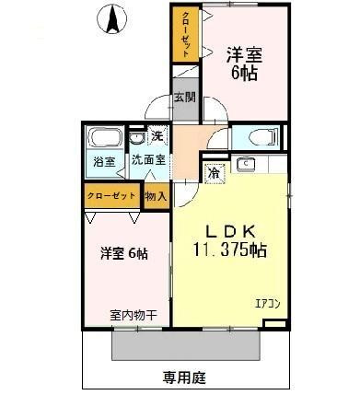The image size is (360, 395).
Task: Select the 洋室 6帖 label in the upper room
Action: [243, 63]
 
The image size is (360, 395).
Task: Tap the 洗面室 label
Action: [147, 160]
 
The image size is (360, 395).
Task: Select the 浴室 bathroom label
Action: [103, 162]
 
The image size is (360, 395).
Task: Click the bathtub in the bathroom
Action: [103, 139]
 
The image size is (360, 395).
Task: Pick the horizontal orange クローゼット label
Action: [110, 196]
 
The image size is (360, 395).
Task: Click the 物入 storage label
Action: [156, 195]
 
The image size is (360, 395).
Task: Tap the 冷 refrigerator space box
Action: [213, 171]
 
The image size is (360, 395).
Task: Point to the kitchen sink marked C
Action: [247, 165]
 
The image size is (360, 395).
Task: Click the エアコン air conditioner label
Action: [266, 302]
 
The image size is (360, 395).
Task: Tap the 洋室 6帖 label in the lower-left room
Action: [123, 253]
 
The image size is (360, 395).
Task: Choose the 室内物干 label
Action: [133, 315]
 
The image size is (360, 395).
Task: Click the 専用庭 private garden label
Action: [181, 378]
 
